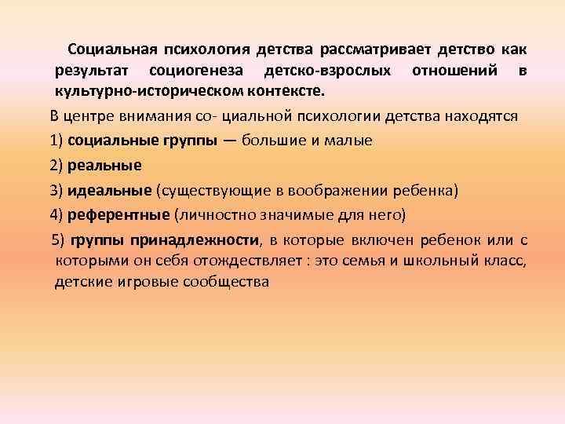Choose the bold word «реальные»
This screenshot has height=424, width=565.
[x=104, y=166]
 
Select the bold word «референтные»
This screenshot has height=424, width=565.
[x=118, y=214]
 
